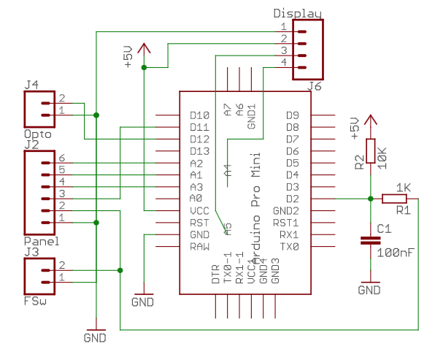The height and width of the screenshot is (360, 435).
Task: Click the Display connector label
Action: (297, 13)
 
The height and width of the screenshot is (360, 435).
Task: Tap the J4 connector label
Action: (31, 85)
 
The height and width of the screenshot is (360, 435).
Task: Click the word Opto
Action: (36, 134)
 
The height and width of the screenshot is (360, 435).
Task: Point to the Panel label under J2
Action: (41, 241)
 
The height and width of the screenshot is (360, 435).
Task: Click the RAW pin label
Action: (199, 247)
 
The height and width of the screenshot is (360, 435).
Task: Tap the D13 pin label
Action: (199, 151)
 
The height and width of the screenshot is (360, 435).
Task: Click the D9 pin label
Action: (292, 115)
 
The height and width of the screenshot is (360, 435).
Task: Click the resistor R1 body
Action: (394, 199)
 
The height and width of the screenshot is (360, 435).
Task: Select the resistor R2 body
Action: (370, 151)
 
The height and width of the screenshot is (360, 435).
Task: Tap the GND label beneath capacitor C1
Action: (369, 290)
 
